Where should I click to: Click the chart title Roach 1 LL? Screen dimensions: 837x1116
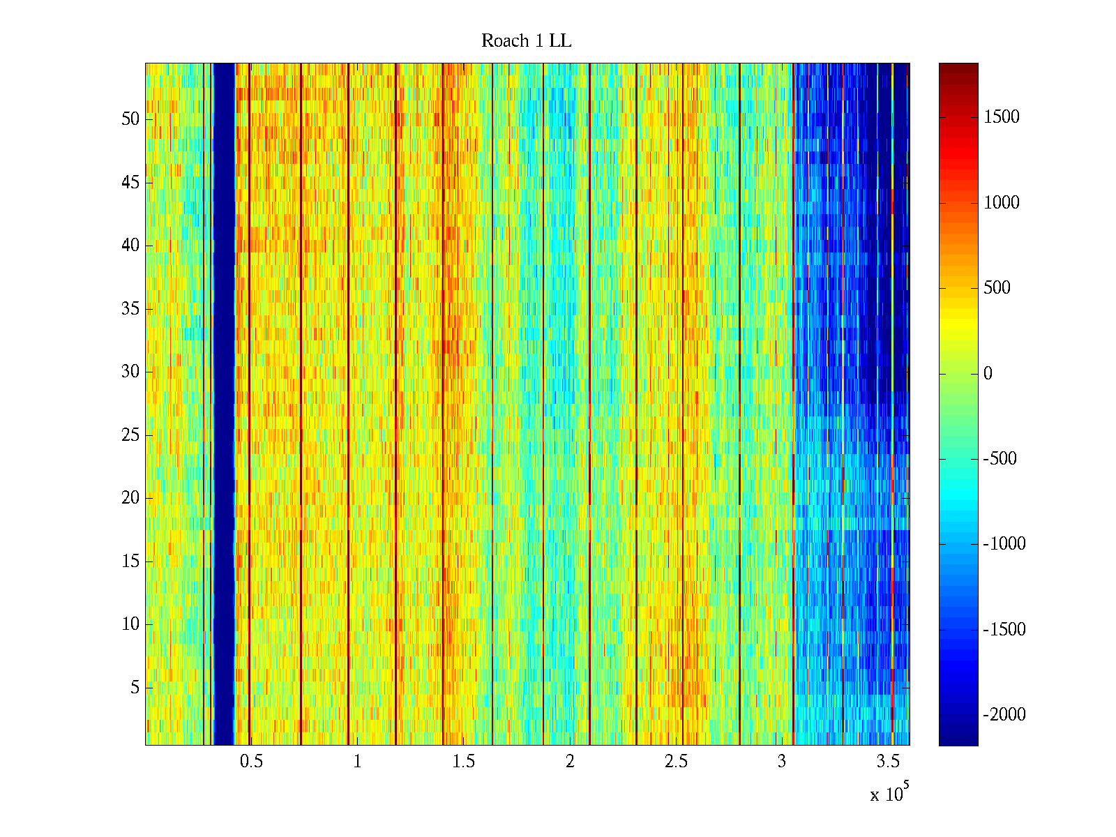click(x=526, y=41)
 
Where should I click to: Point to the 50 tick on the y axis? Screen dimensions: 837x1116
click(x=130, y=119)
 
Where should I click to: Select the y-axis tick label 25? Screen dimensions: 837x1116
click(x=130, y=435)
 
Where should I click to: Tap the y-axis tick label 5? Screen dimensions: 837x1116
click(x=135, y=688)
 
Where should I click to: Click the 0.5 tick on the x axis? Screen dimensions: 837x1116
click(x=251, y=762)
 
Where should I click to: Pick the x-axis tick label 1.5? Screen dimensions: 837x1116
click(x=463, y=762)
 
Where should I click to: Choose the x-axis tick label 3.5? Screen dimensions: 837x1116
click(x=888, y=762)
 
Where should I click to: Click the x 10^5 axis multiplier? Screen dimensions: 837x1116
click(x=889, y=793)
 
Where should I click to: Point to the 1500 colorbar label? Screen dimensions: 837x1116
click(x=1002, y=117)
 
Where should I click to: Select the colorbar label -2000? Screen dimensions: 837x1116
click(x=1004, y=715)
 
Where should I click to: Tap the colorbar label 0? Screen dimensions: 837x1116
click(x=988, y=374)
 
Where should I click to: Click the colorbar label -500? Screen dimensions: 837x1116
click(x=1000, y=459)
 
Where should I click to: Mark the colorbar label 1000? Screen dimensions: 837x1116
click(x=1002, y=203)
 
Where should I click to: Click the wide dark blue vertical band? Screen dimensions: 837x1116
click(x=223, y=405)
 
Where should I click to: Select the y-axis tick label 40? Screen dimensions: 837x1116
click(x=130, y=246)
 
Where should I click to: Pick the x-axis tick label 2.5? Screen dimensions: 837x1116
click(x=675, y=762)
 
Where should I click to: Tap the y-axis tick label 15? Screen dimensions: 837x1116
click(x=130, y=561)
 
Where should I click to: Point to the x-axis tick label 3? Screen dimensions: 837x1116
click(x=782, y=762)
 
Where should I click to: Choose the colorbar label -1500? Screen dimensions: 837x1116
click(x=1004, y=630)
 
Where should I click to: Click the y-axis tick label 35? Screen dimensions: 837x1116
click(x=130, y=309)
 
